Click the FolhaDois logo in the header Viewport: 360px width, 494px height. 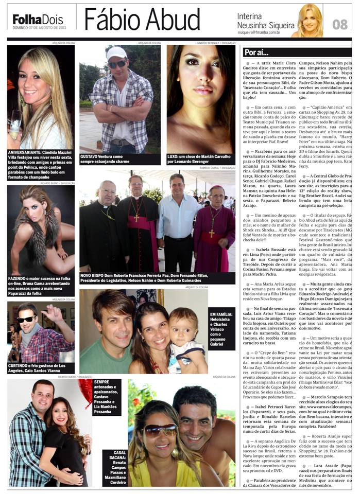[x=37, y=20]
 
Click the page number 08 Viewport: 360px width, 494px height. [x=340, y=24]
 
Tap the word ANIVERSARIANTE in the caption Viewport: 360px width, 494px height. [x=27, y=152]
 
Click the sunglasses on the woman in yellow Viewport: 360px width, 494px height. [x=160, y=430]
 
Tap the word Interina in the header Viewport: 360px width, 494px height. [x=250, y=16]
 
